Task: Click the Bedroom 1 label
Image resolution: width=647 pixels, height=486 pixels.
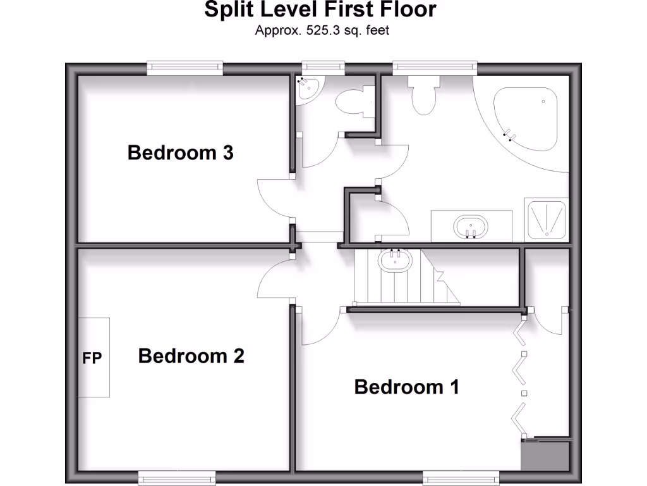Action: (x=406, y=387)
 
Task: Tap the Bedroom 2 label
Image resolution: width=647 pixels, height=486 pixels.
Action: (x=191, y=356)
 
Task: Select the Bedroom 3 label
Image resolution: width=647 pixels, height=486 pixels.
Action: (x=180, y=153)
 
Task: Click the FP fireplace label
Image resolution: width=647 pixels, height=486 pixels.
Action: (x=92, y=358)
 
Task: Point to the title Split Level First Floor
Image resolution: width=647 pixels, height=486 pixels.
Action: (x=320, y=10)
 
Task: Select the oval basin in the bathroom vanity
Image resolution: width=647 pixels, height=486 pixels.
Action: (x=470, y=226)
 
